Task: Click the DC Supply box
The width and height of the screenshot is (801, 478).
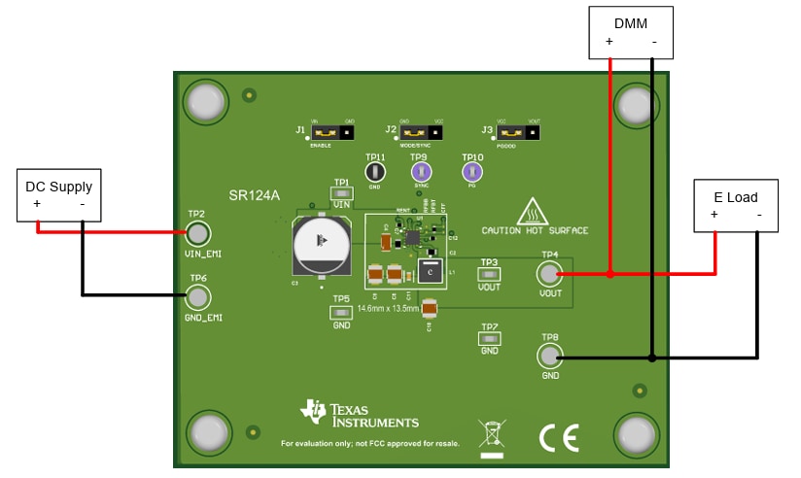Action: pyautogui.click(x=58, y=195)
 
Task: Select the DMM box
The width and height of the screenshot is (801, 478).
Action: pyautogui.click(x=631, y=31)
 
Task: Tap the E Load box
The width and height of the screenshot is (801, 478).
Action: pyautogui.click(x=736, y=205)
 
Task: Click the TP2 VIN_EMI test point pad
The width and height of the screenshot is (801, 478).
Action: pyautogui.click(x=197, y=233)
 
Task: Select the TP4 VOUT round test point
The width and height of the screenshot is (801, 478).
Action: pyautogui.click(x=550, y=274)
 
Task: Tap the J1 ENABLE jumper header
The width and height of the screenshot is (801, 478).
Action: pyautogui.click(x=334, y=131)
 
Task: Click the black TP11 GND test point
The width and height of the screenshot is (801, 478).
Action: pyautogui.click(x=375, y=172)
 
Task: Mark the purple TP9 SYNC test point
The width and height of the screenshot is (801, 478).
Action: pyautogui.click(x=420, y=172)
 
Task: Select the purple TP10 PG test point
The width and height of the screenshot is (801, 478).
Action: pyautogui.click(x=472, y=172)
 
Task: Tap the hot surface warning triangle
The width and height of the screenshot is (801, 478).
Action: pyautogui.click(x=532, y=211)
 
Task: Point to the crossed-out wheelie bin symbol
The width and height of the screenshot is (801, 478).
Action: pyautogui.click(x=493, y=434)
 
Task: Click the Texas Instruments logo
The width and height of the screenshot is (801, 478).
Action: pyautogui.click(x=360, y=414)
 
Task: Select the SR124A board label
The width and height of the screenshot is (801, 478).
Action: pyautogui.click(x=254, y=195)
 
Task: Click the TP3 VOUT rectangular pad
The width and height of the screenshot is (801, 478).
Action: pyautogui.click(x=489, y=275)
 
